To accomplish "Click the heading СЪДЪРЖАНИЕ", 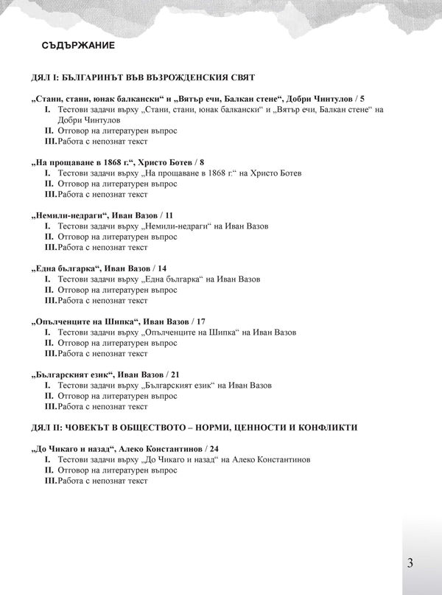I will (x=78, y=46).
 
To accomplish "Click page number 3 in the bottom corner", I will (x=410, y=563).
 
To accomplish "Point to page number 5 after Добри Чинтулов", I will (x=361, y=98).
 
